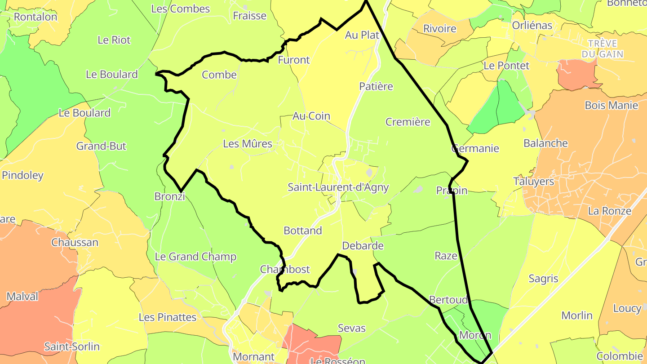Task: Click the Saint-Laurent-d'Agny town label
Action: (338, 187)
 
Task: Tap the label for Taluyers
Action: (533, 182)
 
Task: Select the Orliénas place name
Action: (532, 26)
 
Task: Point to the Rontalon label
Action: (35, 17)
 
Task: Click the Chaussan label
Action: (75, 243)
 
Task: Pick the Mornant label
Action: (253, 357)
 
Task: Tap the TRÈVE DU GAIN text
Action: (602, 49)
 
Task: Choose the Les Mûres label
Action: (248, 144)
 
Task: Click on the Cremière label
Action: (408, 122)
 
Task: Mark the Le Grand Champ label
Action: (195, 257)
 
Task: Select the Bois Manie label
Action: (611, 106)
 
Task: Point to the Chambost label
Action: (285, 270)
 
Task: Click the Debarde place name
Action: (363, 246)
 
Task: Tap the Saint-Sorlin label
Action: (72, 346)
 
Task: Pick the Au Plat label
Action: (362, 35)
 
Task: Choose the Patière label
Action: (376, 86)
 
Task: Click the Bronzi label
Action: (169, 196)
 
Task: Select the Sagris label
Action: (543, 279)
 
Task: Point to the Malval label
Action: (22, 297)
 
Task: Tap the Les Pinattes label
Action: (168, 317)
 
